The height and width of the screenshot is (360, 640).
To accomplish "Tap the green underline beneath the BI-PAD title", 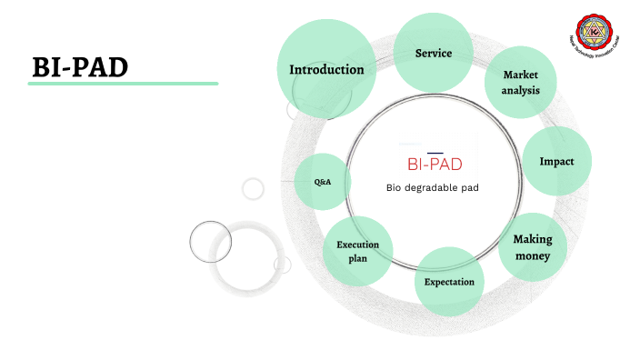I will (123, 84).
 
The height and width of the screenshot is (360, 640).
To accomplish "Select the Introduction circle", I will (326, 69).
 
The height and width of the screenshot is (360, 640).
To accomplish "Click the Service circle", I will (434, 53).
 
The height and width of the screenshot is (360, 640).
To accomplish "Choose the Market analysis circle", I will (520, 83).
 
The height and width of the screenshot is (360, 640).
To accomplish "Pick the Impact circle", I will (557, 161).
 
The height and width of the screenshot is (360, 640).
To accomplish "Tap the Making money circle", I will (533, 247).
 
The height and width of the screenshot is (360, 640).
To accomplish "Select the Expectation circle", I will (449, 282).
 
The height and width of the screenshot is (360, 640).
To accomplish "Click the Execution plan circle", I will (357, 252).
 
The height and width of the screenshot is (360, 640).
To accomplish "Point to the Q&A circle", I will (323, 182).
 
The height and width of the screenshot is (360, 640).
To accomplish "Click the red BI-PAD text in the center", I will (434, 165).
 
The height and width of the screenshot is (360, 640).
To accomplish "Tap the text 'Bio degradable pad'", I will (433, 187).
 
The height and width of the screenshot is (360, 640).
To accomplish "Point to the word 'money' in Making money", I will (533, 255).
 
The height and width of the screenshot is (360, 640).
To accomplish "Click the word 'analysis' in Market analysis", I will (520, 91).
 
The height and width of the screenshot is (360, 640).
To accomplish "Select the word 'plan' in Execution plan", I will (357, 259).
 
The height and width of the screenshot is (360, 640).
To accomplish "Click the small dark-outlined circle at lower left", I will (205, 241).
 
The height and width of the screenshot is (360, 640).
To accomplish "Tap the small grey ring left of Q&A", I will (253, 189).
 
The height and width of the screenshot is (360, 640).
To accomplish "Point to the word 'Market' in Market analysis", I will (520, 75).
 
